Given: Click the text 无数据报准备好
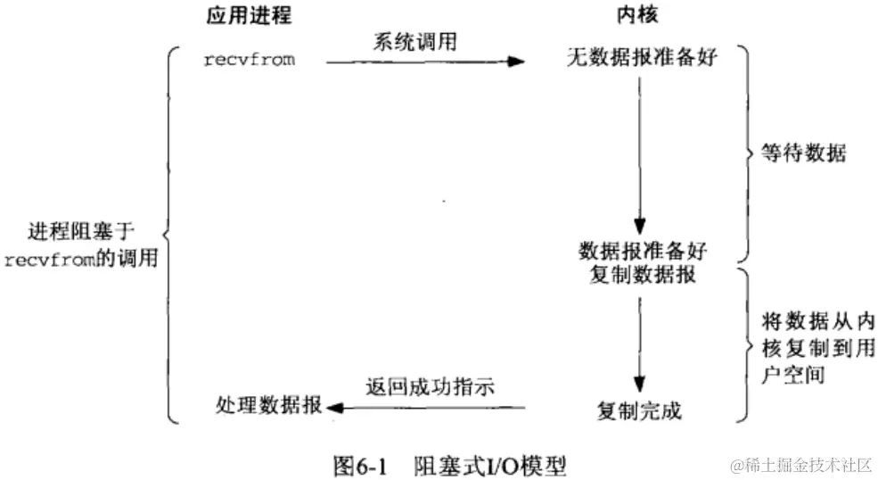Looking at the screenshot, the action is (x=642, y=62).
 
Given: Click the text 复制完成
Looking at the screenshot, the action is (x=639, y=412).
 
